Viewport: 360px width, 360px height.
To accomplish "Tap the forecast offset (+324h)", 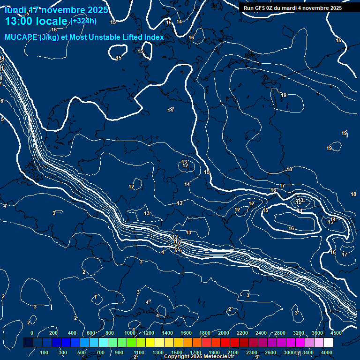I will (84, 21).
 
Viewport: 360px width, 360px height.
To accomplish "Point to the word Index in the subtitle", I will (154, 37).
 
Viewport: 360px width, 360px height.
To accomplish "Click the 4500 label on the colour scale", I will (336, 333).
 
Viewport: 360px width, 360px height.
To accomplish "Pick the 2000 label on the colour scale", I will (224, 333).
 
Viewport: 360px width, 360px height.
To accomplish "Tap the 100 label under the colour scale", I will (45, 352).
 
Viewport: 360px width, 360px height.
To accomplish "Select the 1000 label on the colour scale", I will (130, 333).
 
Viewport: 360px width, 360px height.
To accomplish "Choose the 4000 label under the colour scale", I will (327, 352).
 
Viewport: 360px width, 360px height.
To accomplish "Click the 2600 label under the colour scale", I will (270, 352).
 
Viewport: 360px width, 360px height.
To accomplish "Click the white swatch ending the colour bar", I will (341, 343).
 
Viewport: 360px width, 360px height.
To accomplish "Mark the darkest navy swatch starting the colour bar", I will (28, 343).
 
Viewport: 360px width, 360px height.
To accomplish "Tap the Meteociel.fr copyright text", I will (199, 357).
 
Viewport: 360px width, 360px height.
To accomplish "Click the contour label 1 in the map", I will (95, 297).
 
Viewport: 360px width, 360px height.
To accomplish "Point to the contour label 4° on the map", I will (148, 302).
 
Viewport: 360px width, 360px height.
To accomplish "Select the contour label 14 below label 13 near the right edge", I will (300, 210).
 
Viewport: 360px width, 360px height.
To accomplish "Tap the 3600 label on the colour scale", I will (317, 333).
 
